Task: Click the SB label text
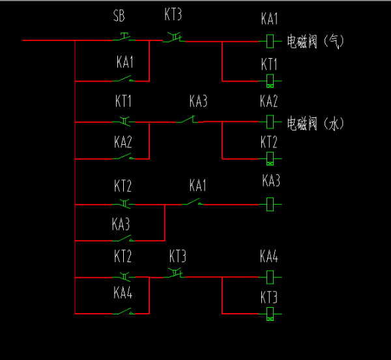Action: (x=119, y=15)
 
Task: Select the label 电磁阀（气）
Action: (x=315, y=41)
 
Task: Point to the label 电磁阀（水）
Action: (x=315, y=122)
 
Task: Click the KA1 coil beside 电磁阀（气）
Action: (x=270, y=41)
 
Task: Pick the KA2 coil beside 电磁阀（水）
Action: (x=270, y=122)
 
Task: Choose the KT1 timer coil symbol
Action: (x=270, y=82)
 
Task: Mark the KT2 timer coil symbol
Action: (x=270, y=158)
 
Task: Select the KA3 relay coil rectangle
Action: (x=270, y=204)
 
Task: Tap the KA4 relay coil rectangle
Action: (x=270, y=277)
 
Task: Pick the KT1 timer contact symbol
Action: (x=124, y=121)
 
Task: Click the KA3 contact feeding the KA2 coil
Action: (x=191, y=120)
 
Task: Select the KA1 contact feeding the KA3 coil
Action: (x=194, y=203)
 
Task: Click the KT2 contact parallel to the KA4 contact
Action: (x=124, y=277)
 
